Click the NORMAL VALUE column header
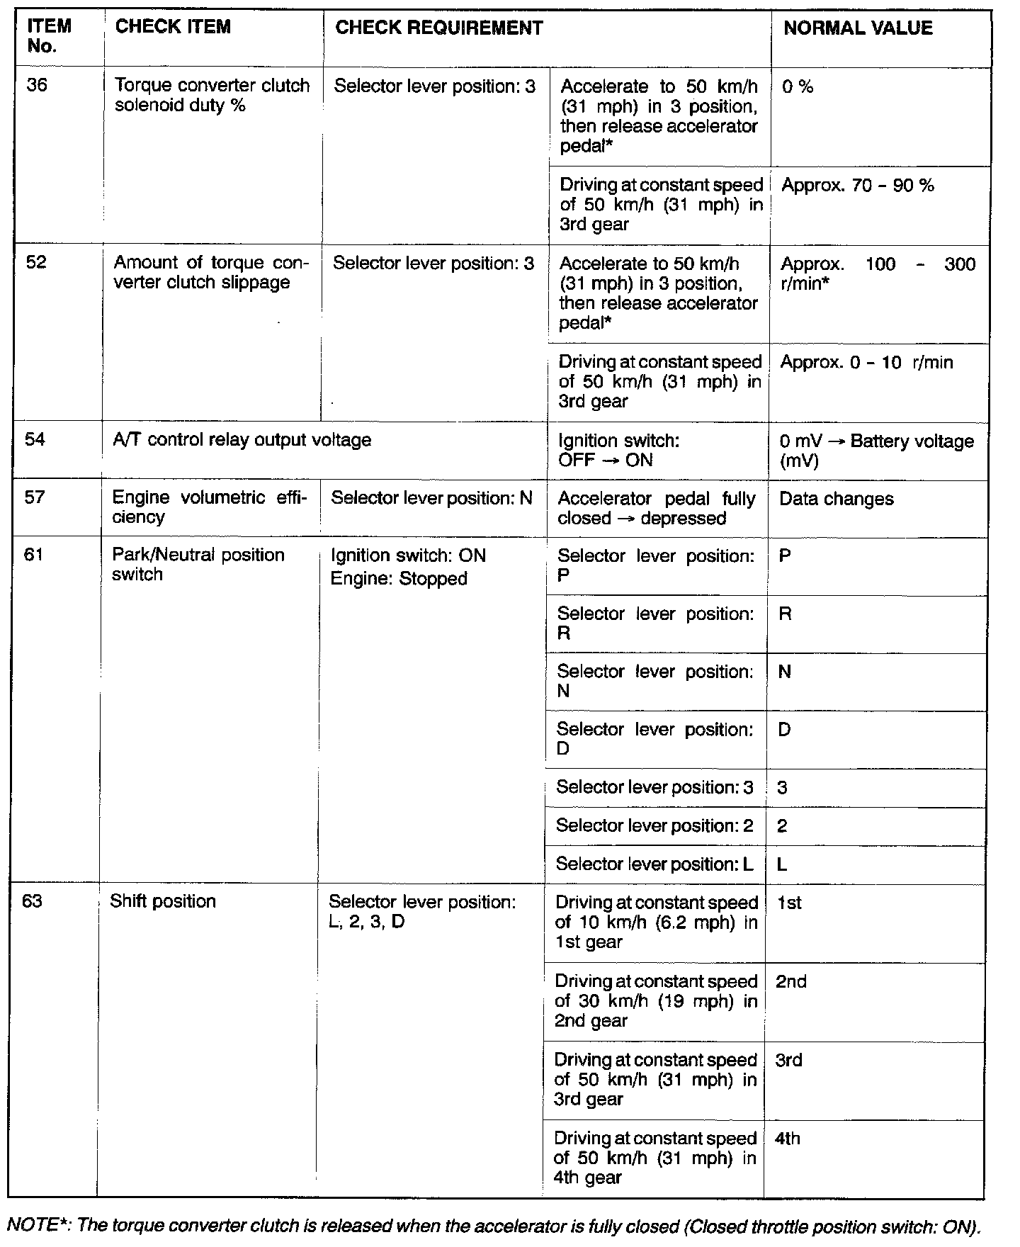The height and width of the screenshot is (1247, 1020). [x=857, y=28]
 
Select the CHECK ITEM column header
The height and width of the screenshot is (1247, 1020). [x=173, y=27]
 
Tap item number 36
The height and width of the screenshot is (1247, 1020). [x=37, y=86]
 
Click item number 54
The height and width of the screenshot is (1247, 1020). [x=35, y=440]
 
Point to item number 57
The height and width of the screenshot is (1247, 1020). [x=35, y=497]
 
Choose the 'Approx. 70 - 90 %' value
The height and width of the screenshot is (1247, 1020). [x=857, y=186]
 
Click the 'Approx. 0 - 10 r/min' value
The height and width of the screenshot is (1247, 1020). [x=866, y=363]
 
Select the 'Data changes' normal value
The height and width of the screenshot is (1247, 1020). [x=836, y=499]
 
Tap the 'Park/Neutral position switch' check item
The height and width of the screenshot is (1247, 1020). [x=198, y=565]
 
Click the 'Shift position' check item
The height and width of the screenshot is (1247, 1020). [x=163, y=901]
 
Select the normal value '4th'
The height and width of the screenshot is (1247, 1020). [x=788, y=1139]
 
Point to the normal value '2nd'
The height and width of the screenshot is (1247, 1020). [x=790, y=981]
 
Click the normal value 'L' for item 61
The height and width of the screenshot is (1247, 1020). [x=782, y=864]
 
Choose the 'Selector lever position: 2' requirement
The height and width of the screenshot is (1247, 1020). [x=654, y=826]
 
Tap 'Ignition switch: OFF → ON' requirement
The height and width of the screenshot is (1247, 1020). [x=618, y=451]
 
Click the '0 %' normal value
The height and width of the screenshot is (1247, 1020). [x=798, y=87]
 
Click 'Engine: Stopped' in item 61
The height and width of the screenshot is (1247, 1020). [x=399, y=579]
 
